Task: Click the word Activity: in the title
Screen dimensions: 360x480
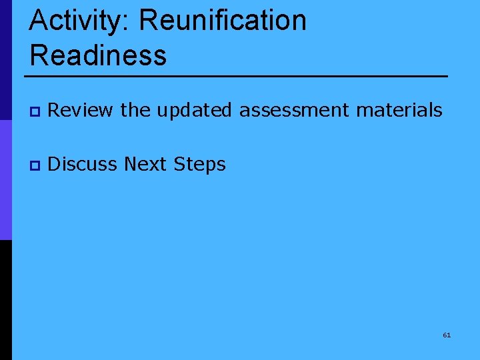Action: click(80, 21)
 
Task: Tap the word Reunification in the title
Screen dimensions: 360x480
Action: click(223, 21)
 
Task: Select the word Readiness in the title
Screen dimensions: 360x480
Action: click(98, 54)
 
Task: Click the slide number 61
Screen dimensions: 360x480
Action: click(447, 335)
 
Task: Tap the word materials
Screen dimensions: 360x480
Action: click(399, 110)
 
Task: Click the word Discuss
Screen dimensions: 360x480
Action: click(83, 163)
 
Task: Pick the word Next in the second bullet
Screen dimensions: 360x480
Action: click(147, 163)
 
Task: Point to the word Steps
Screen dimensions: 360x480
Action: click(201, 164)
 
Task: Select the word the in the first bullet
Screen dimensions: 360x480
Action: click(135, 110)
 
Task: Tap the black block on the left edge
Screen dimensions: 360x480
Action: click(5, 300)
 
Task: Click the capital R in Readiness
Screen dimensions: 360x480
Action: click(39, 54)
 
